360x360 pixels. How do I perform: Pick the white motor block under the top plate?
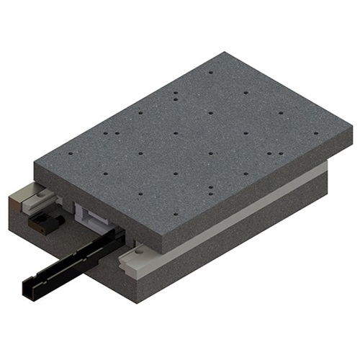click(x=88, y=214)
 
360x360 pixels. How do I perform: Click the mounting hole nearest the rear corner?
click(x=210, y=72)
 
